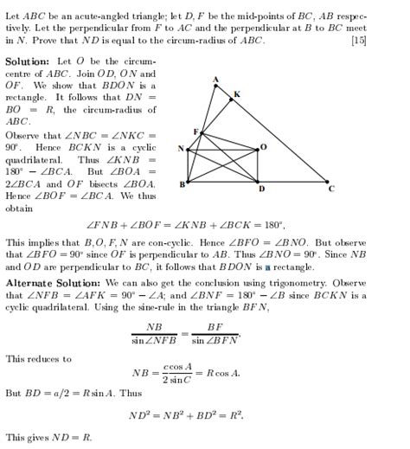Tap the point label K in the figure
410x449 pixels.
pyautogui.click(x=237, y=93)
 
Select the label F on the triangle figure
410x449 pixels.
pyautogui.click(x=195, y=131)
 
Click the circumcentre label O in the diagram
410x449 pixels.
pyautogui.click(x=263, y=147)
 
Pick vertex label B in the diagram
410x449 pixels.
pyautogui.click(x=182, y=184)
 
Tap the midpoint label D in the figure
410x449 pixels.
pyautogui.click(x=261, y=189)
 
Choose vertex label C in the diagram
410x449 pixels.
pyautogui.click(x=330, y=188)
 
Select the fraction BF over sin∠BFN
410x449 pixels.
pyautogui.click(x=215, y=334)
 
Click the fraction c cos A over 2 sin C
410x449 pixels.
pyautogui.click(x=180, y=374)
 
